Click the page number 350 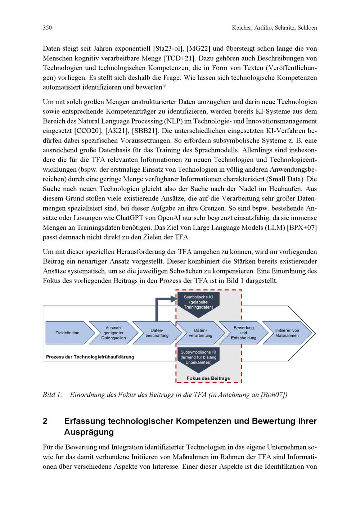(47, 28)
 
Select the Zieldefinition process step (67, 333)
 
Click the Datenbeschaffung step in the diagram (157, 333)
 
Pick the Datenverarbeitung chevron (201, 333)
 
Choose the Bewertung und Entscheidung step (244, 333)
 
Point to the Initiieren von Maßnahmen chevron (287, 333)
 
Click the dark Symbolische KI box (198, 304)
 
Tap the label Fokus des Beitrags (208, 378)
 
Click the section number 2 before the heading (45, 421)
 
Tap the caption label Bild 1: (53, 395)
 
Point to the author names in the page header (274, 28)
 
